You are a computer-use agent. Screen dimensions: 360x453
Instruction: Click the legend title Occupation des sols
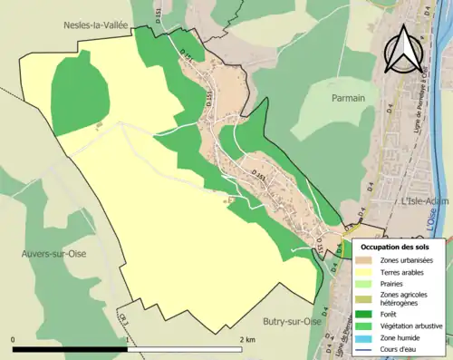coord(398,247)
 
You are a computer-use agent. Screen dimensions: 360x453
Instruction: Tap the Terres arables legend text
coord(405,271)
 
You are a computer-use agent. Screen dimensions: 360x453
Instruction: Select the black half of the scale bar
coord(71,347)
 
